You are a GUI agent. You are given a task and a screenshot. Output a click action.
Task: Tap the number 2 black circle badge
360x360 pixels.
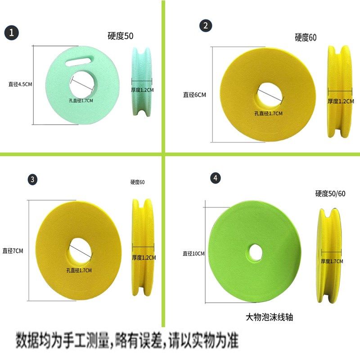206,26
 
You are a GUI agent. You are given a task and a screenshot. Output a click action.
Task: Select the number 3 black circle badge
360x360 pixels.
32,180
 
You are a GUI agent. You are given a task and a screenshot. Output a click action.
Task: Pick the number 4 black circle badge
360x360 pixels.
216,178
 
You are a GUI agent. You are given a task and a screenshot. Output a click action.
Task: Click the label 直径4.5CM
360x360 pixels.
20,84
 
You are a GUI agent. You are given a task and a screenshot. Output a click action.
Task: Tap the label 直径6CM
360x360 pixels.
194,94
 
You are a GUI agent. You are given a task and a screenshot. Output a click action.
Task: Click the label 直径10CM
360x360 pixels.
193,254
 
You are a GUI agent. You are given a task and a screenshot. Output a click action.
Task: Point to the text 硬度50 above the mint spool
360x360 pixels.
121,36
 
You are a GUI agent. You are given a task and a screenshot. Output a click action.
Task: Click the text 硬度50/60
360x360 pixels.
330,194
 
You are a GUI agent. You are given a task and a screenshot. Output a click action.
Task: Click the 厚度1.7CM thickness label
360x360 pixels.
332,261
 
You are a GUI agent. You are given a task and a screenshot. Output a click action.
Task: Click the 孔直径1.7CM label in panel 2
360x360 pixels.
268,113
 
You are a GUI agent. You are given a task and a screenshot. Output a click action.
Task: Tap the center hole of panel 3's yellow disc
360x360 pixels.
80,249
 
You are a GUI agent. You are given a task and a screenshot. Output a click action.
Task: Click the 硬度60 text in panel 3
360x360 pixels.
137,182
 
